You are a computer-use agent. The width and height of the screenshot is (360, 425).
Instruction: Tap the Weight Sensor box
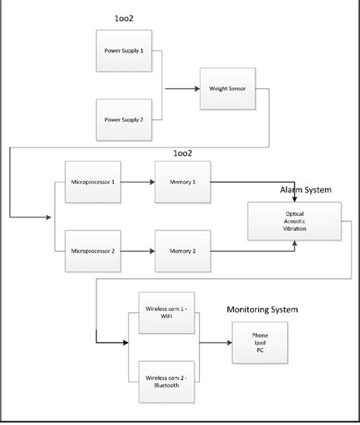click(x=228, y=88)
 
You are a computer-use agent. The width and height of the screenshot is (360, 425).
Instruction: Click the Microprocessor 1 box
click(x=93, y=182)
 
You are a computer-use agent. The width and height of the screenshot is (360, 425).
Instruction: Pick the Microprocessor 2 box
click(x=93, y=250)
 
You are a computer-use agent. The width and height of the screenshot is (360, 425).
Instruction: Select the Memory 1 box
click(x=182, y=182)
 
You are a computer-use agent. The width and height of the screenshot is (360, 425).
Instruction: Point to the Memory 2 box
click(x=182, y=250)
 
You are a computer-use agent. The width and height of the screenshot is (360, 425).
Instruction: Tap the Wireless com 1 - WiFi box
click(x=166, y=312)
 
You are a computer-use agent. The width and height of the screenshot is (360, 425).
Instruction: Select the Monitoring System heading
click(x=262, y=309)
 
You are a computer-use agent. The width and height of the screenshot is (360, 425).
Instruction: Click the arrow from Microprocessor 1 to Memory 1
click(x=137, y=182)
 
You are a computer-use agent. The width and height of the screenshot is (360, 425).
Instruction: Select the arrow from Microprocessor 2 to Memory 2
click(x=137, y=250)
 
